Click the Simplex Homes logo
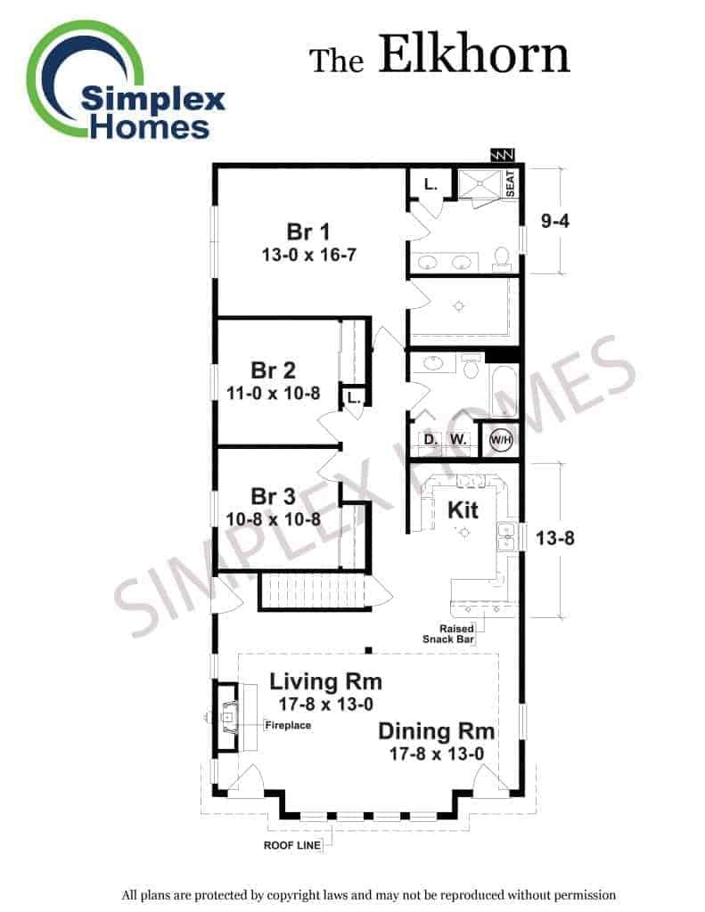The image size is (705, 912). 125,81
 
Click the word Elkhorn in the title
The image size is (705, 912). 474,54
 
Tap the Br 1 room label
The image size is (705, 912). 308,232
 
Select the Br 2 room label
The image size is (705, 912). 273,370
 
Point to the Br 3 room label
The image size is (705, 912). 273,496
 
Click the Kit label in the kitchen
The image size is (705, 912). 463,510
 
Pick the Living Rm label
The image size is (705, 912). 325,681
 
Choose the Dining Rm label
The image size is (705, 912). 437,731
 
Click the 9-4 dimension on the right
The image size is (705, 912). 554,221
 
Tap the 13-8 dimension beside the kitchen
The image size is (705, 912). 554,538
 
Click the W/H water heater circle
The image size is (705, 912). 501,439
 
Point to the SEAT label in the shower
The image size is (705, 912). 511,183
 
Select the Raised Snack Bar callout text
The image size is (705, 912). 448,634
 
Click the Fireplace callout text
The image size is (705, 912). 288,725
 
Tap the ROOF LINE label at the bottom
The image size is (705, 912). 292,845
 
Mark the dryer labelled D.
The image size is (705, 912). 430,439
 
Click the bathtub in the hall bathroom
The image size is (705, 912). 502,392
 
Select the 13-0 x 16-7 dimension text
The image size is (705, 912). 308,255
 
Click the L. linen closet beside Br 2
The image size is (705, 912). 353,398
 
